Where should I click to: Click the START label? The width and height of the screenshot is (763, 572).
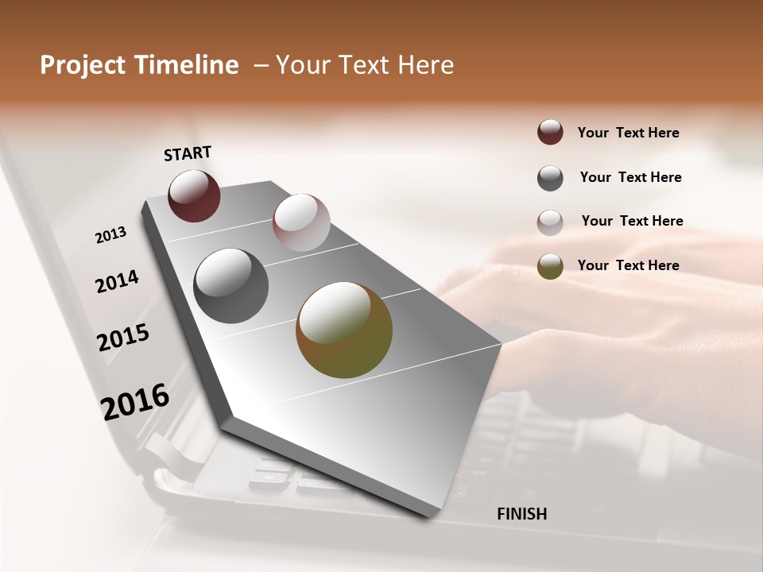tap(188, 153)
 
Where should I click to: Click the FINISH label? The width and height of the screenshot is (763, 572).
tap(521, 514)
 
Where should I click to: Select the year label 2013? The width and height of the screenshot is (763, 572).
tap(110, 235)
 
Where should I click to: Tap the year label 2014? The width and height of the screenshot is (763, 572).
tap(117, 281)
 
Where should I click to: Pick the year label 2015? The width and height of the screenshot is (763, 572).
tap(123, 338)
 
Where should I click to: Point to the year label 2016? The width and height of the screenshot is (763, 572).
tap(135, 402)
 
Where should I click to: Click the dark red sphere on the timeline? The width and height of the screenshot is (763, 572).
tap(194, 195)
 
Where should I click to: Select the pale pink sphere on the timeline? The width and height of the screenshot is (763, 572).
tap(301, 222)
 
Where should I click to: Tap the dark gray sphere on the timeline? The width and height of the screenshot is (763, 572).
tap(230, 286)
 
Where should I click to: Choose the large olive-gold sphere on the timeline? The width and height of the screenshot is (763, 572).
tap(344, 330)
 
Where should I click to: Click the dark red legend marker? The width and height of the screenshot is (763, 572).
tap(550, 133)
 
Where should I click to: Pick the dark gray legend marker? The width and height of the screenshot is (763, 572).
tap(550, 178)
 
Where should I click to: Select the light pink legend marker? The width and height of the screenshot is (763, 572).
tap(550, 222)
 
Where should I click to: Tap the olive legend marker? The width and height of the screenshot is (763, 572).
tap(550, 267)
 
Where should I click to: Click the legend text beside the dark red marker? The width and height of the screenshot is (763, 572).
tap(628, 133)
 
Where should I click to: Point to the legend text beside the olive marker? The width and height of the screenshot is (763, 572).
tap(628, 265)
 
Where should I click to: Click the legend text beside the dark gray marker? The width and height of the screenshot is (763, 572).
tap(630, 177)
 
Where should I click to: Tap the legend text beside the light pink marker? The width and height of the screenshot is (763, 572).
tap(632, 221)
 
